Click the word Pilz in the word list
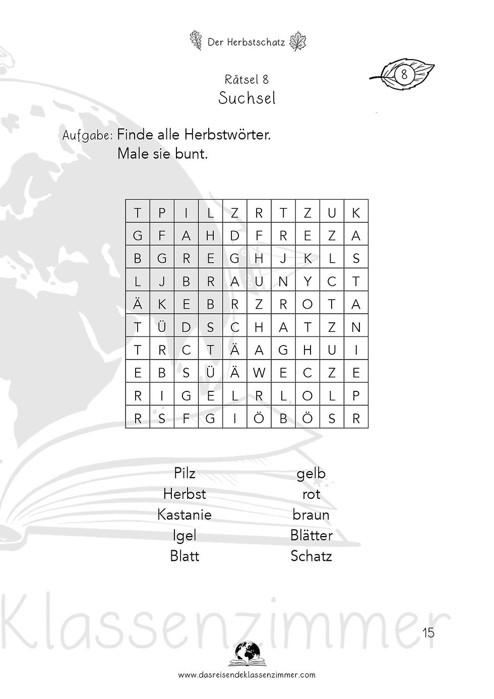[x=184, y=473]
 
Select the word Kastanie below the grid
[x=184, y=514]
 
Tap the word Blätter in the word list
[x=312, y=535]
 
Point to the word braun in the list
[x=311, y=515]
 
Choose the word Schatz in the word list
[x=311, y=556]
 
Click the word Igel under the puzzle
[x=184, y=536]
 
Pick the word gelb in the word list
[x=311, y=474]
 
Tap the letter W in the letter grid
[x=259, y=373]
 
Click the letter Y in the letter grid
[x=307, y=281]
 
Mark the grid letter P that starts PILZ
[x=162, y=213]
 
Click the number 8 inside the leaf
[x=404, y=75]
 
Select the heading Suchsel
[x=247, y=98]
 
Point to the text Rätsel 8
[x=246, y=79]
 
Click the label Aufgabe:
[x=87, y=136]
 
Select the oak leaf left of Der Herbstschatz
[x=196, y=40]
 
